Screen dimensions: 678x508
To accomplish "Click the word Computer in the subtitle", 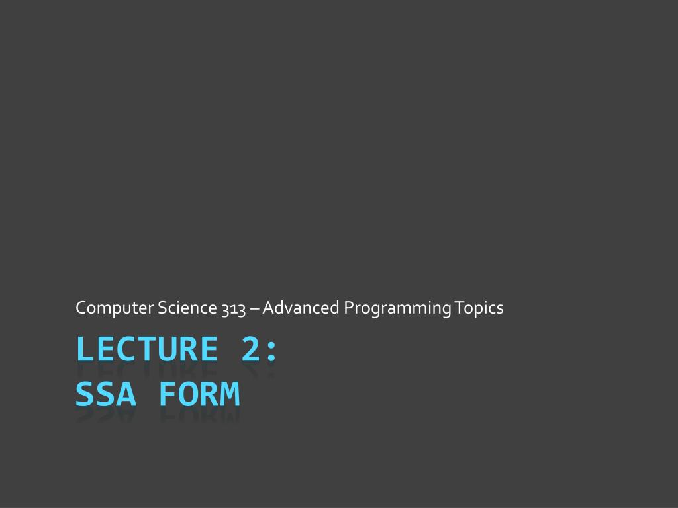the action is [x=115, y=308].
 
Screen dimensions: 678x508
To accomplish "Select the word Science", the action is [x=187, y=308].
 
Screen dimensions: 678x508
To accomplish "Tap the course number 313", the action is [x=234, y=309].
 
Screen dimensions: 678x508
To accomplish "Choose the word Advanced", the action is [x=301, y=308].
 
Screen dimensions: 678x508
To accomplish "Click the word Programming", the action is [x=397, y=308].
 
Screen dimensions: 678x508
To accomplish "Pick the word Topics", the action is [x=479, y=308].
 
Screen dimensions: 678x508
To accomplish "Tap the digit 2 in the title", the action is [x=251, y=349].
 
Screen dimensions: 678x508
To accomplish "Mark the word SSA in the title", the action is [x=106, y=394].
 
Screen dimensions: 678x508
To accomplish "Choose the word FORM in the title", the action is [x=199, y=394].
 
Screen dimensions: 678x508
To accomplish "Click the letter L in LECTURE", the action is [x=85, y=349].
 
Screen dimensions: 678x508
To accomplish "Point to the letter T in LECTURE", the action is [x=147, y=349].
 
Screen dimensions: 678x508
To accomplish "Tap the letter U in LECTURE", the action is [x=168, y=349].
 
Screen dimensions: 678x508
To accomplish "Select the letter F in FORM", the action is [x=168, y=394].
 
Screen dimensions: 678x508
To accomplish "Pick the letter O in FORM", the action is [x=189, y=394].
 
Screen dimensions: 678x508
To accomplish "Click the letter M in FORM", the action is [x=230, y=394].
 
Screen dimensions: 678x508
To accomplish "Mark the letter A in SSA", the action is [x=126, y=394].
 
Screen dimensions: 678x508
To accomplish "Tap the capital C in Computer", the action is [x=81, y=308].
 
